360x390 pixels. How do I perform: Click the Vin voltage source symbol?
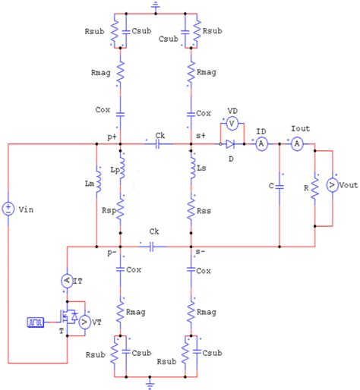coord(8,207)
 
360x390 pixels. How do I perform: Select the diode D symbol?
coord(231,143)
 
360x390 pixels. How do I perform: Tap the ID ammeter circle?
coord(261,143)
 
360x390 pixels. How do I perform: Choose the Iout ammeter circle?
coord(298,143)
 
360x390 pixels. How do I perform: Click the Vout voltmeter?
coord(333,185)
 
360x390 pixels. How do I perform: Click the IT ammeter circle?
coord(66,281)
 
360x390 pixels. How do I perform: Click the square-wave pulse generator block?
coord(33,322)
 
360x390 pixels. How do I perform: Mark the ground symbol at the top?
coord(155,7)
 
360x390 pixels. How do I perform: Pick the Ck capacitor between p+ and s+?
coord(156,143)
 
